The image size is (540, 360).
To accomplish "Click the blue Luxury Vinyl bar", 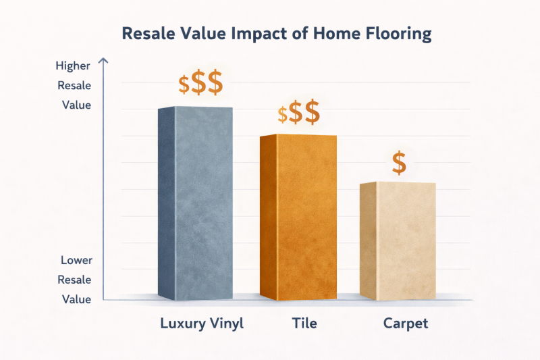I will pyautogui.click(x=195, y=203).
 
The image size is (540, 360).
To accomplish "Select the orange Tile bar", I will pyautogui.click(x=298, y=216).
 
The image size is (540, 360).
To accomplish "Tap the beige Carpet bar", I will pyautogui.click(x=398, y=240).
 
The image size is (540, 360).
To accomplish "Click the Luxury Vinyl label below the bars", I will pyautogui.click(x=201, y=324).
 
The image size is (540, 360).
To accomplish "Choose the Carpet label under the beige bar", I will pyautogui.click(x=405, y=324).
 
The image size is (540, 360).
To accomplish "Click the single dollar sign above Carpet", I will pyautogui.click(x=399, y=163).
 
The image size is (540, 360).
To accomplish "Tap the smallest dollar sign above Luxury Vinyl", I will pyautogui.click(x=184, y=85).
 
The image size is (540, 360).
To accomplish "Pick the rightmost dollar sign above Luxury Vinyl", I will pyautogui.click(x=214, y=83).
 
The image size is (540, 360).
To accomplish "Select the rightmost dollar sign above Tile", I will pyautogui.click(x=311, y=113).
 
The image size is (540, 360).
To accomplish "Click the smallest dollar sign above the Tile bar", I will pyautogui.click(x=282, y=115).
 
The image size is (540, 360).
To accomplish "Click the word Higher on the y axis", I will pyautogui.click(x=74, y=66).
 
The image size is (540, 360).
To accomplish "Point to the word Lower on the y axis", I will pyautogui.click(x=76, y=260).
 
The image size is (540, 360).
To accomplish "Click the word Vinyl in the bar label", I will pyautogui.click(x=226, y=324).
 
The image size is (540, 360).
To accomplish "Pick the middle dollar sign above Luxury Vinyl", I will pyautogui.click(x=198, y=84).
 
